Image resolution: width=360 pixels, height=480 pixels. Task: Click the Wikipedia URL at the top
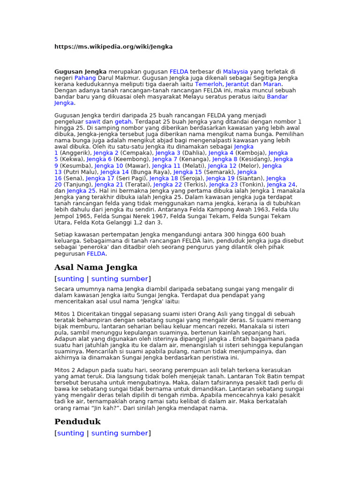113,47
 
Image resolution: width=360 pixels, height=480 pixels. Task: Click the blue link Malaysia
235,72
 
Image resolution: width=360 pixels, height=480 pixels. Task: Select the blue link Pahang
85,78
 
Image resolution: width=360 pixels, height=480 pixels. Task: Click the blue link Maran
272,84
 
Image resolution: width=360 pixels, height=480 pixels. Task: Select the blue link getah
123,121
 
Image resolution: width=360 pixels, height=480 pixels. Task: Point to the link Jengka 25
81,191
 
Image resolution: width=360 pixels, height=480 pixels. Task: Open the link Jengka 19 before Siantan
220,179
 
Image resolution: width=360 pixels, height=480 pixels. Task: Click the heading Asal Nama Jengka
96,268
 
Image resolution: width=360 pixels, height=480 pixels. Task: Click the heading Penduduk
77,422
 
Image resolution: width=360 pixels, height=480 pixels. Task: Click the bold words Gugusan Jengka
80,72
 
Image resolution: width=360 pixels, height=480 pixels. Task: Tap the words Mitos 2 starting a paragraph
65,370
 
